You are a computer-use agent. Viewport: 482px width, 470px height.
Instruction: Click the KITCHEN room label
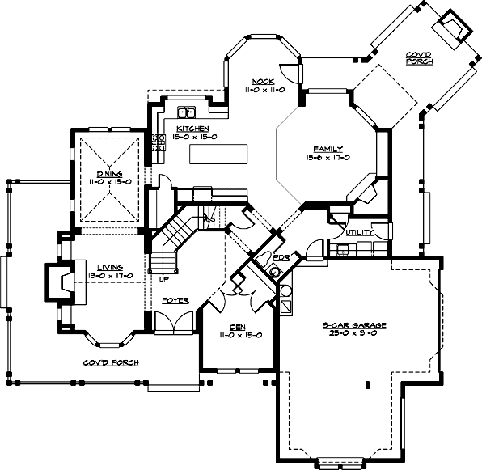click(192, 129)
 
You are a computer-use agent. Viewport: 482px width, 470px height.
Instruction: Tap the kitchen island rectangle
click(217, 153)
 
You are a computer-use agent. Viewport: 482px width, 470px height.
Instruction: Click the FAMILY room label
click(329, 149)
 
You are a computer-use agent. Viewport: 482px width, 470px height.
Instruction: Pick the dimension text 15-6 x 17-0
click(329, 158)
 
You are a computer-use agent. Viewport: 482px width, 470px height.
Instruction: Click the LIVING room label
click(109, 267)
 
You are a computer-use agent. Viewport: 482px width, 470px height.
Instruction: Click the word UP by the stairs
click(165, 279)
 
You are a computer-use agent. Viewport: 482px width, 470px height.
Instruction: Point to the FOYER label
click(175, 301)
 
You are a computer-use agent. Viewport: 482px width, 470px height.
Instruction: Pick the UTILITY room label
click(358, 233)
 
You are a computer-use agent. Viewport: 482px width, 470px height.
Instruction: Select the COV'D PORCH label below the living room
click(110, 362)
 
